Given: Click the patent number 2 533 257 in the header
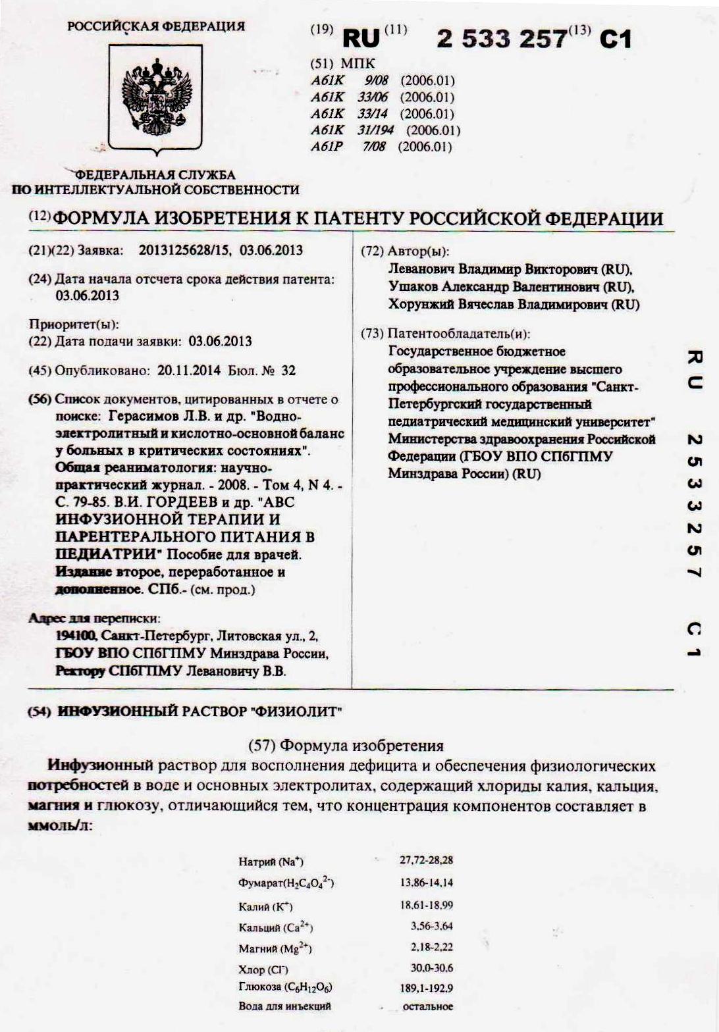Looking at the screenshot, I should (x=501, y=40).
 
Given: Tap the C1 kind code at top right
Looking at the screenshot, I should (x=615, y=40).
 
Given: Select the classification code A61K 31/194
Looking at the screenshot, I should (x=385, y=130).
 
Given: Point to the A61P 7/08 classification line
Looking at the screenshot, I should (x=381, y=146).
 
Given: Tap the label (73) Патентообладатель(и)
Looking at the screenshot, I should (x=445, y=334).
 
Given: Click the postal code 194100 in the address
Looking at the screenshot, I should (x=77, y=636).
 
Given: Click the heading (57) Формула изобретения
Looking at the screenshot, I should (x=346, y=746).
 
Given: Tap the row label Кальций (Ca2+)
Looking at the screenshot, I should (x=275, y=928).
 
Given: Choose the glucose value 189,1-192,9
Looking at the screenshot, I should (x=426, y=987).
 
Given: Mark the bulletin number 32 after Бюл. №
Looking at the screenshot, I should (x=288, y=371).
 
